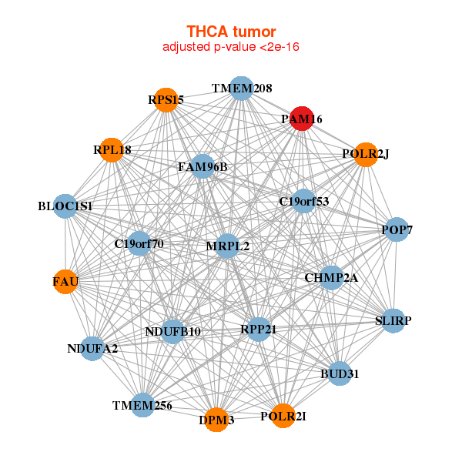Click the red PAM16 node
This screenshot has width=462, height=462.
[x=301, y=119]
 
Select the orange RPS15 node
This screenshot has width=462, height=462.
[x=166, y=100]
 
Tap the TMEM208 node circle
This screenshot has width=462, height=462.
[x=242, y=89]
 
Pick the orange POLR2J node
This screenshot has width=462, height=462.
[x=366, y=154]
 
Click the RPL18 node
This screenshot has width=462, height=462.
[x=112, y=150]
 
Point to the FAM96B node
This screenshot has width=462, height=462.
[x=203, y=166]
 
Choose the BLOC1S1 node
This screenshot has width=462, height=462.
[x=65, y=206]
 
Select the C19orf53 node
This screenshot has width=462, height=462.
[x=304, y=202]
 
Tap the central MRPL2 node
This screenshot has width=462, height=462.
[x=227, y=246]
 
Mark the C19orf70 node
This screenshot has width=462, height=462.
[x=139, y=244]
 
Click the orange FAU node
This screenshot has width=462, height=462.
[x=65, y=282]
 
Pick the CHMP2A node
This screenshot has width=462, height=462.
[x=331, y=277]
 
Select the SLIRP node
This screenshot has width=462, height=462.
[x=393, y=320]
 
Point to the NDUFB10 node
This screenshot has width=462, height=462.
[x=172, y=332]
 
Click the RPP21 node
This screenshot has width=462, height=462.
[x=258, y=329]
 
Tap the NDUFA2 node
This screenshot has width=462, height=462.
[x=92, y=348]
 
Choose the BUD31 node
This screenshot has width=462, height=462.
[x=340, y=374]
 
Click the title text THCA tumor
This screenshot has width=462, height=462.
[x=231, y=32]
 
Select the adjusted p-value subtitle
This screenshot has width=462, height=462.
[x=231, y=47]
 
